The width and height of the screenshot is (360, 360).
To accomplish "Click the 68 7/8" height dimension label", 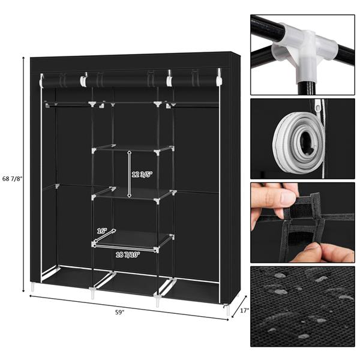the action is [12, 179].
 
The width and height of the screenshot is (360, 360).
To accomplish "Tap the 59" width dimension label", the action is [119, 313].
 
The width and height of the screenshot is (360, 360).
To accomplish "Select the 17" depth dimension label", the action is [245, 310].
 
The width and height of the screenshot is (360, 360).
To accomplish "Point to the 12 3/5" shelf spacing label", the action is [142, 175].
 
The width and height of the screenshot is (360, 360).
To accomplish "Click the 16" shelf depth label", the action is [102, 231].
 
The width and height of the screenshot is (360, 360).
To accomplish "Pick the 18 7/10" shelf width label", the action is [128, 254].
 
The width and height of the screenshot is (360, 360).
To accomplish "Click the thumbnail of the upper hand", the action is [288, 197].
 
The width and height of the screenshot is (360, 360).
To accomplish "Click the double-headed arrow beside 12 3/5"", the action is [130, 174].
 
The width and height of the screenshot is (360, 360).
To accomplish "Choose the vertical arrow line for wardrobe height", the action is [23, 175].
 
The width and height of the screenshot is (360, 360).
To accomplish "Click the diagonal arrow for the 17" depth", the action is [239, 306].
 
